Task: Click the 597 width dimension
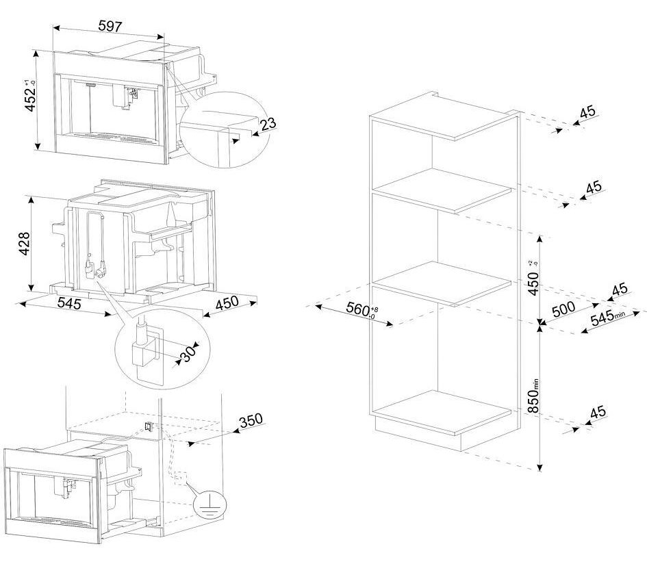[x=110, y=27]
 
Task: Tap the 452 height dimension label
[x=31, y=96]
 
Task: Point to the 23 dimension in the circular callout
[x=268, y=123]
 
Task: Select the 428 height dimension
[x=24, y=244]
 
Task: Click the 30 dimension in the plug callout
[x=188, y=354]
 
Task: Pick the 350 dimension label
[x=251, y=420]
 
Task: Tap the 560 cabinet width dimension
[x=359, y=309]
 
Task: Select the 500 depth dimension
[x=563, y=309]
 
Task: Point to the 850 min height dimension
[x=534, y=396]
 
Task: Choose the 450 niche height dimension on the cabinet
[x=533, y=279]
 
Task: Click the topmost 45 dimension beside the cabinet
[x=587, y=112]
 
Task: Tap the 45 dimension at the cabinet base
[x=598, y=412]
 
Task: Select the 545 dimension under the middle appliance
[x=69, y=304]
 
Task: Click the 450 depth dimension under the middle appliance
[x=227, y=303]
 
